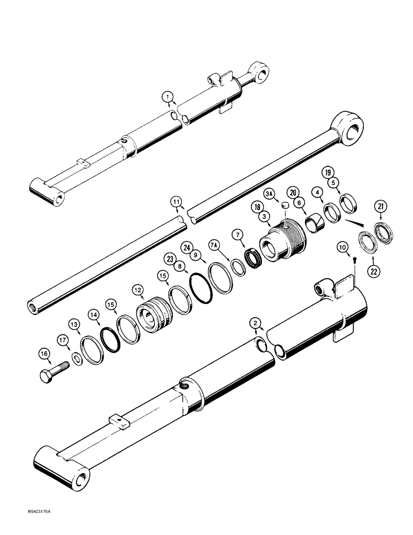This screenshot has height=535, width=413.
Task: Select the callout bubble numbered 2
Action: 256,323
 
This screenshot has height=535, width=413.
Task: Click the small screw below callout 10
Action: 356,259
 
